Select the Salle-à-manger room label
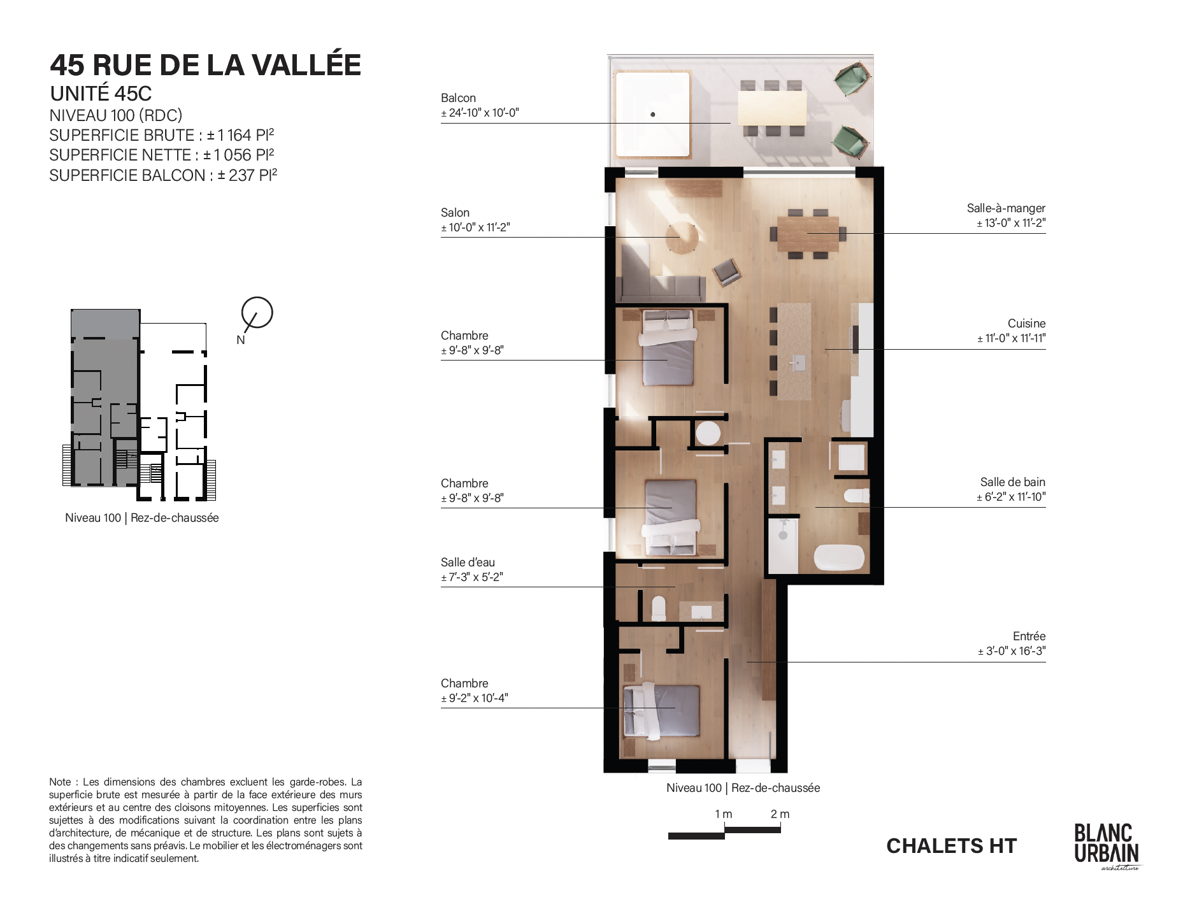coord(1006,208)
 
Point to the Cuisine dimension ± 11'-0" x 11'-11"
coord(1012,338)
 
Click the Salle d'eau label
coord(468,562)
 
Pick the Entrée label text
coord(1029,636)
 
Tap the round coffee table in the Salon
coord(682,238)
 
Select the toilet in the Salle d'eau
coord(659,608)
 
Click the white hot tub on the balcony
coord(653,115)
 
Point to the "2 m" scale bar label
coord(780,814)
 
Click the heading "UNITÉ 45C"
coord(101,94)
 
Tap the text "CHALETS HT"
coord(952,846)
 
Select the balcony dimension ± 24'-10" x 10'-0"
coord(480,113)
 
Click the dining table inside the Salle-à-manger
coord(808,234)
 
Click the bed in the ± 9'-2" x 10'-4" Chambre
coord(661,712)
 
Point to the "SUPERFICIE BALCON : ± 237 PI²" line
coord(163,175)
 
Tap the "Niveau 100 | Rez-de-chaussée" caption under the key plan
coord(142,518)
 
